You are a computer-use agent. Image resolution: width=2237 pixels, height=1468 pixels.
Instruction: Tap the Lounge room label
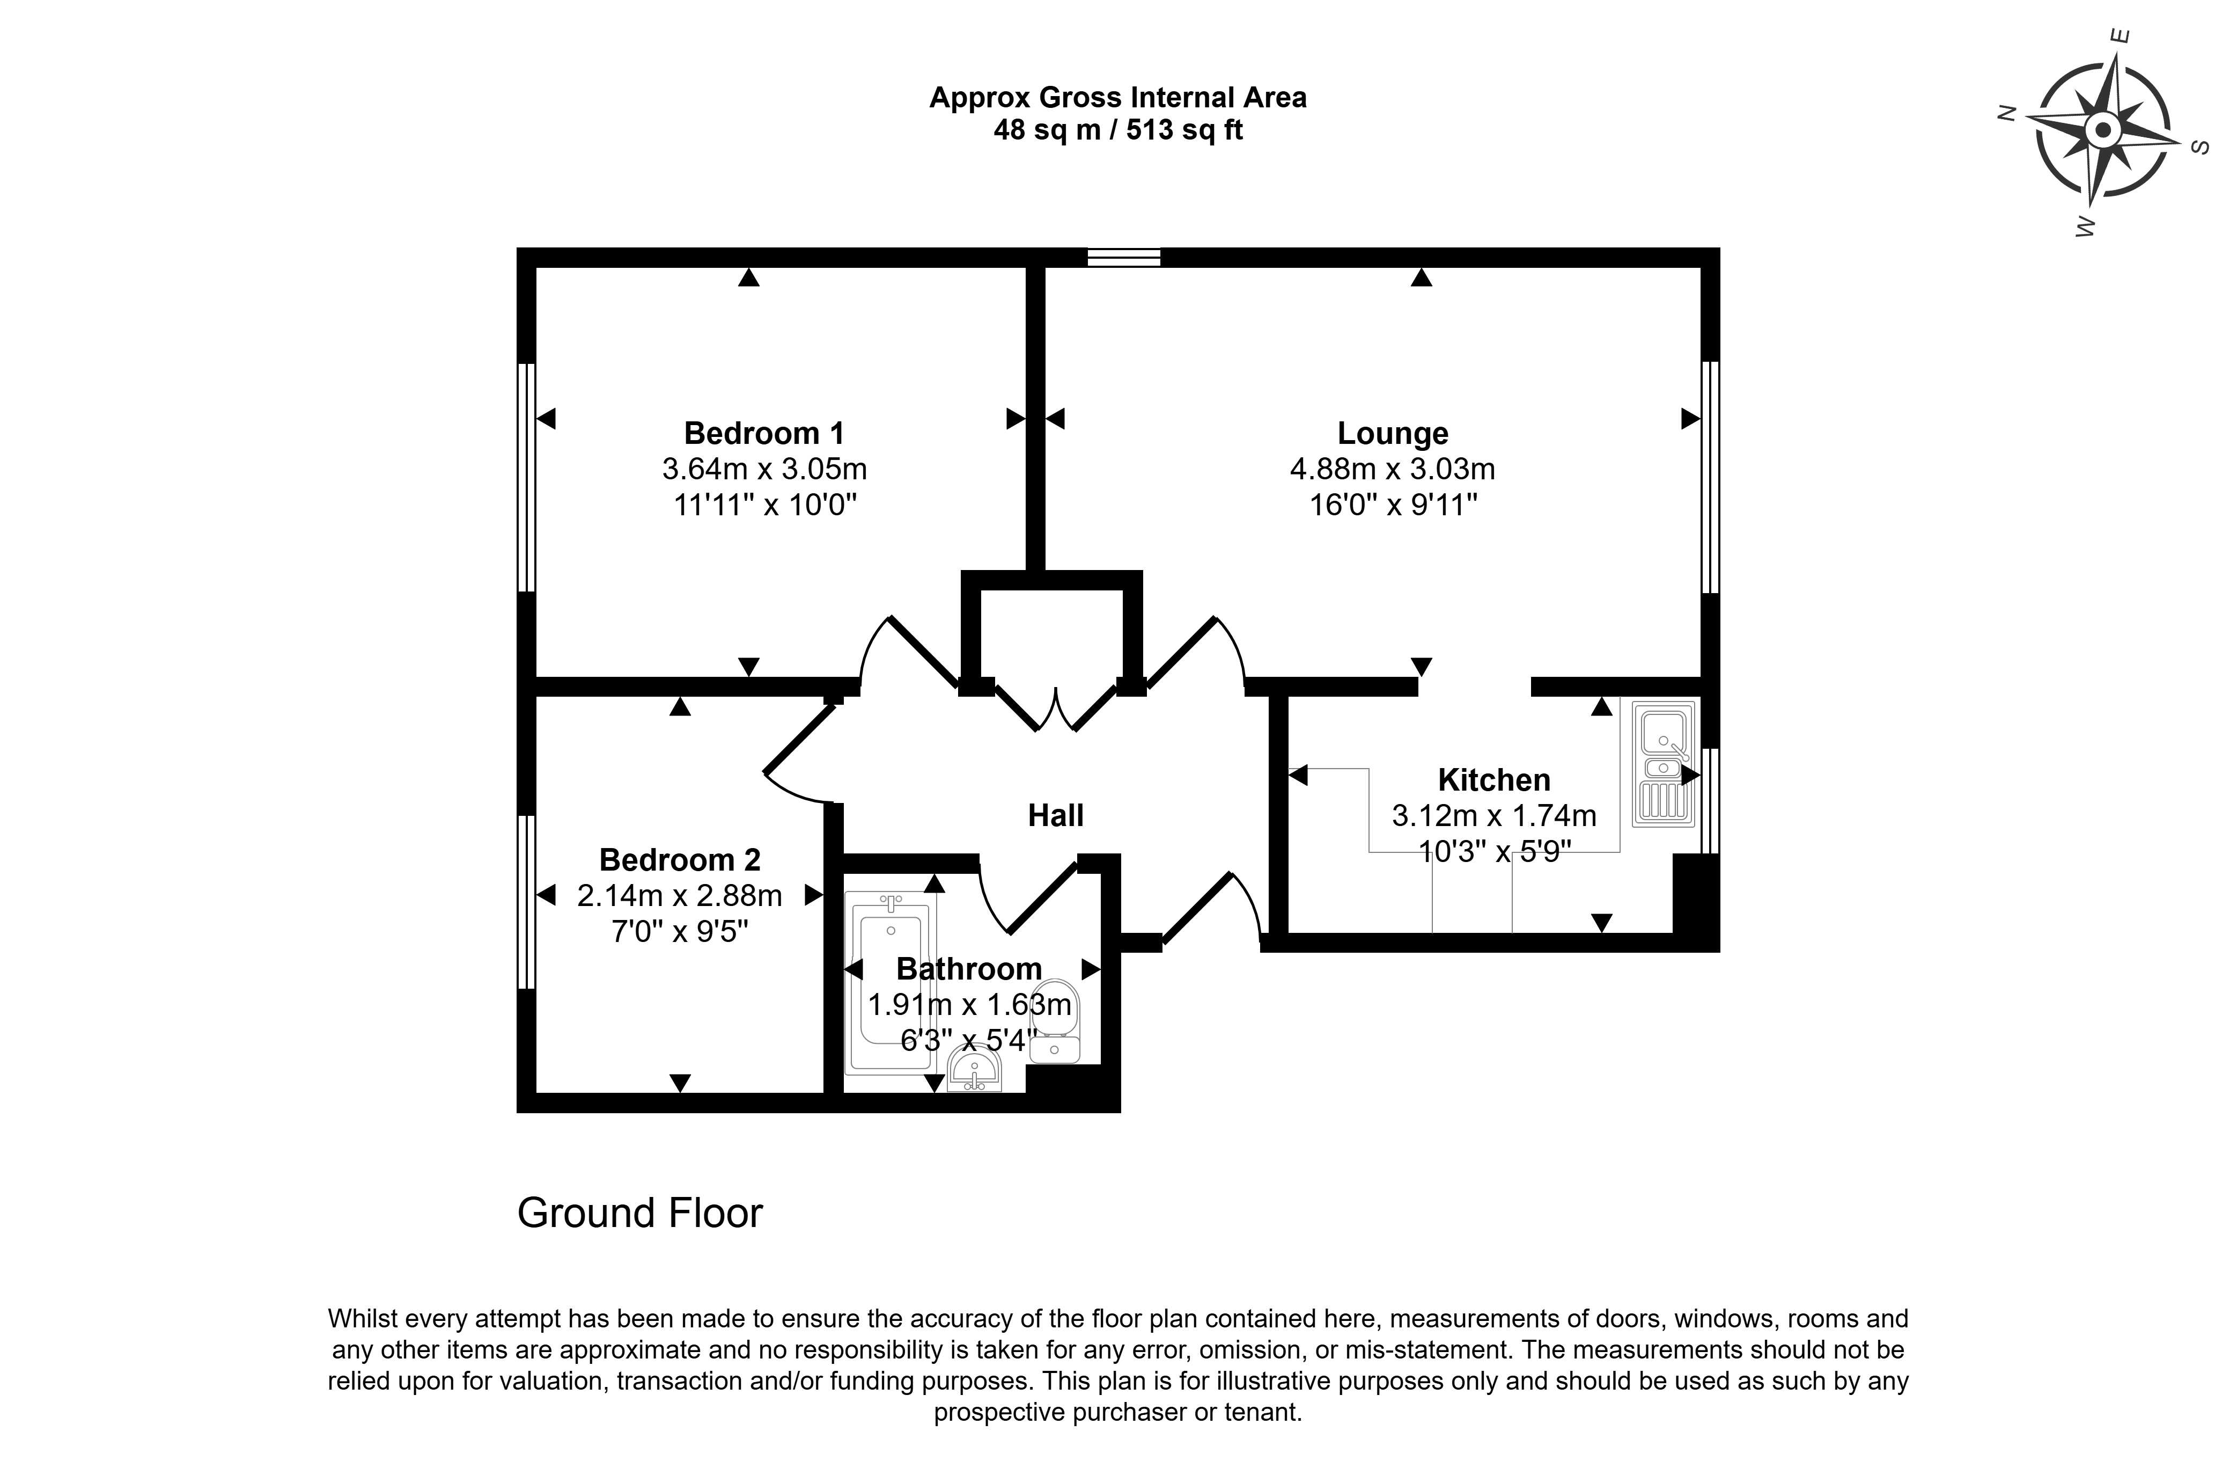pyautogui.click(x=1393, y=434)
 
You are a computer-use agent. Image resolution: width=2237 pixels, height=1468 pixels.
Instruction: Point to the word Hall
pyautogui.click(x=1056, y=815)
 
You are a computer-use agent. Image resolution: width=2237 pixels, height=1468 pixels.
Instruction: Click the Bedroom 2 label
pyautogui.click(x=680, y=859)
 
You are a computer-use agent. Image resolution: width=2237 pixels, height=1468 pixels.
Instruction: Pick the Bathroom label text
pyautogui.click(x=969, y=969)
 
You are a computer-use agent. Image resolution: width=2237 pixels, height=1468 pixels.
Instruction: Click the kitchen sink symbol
pyautogui.click(x=1664, y=764)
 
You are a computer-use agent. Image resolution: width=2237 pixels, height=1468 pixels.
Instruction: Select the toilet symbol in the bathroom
pyautogui.click(x=1055, y=1021)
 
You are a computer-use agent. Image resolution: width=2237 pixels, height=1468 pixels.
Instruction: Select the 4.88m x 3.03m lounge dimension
pyautogui.click(x=1393, y=469)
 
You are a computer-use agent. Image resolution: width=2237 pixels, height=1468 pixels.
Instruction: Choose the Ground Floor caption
pyautogui.click(x=640, y=1213)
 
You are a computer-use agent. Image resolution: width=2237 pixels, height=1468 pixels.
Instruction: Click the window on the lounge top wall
pyautogui.click(x=1124, y=257)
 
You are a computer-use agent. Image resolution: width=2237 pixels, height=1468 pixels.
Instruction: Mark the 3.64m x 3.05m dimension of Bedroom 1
pyautogui.click(x=764, y=469)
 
